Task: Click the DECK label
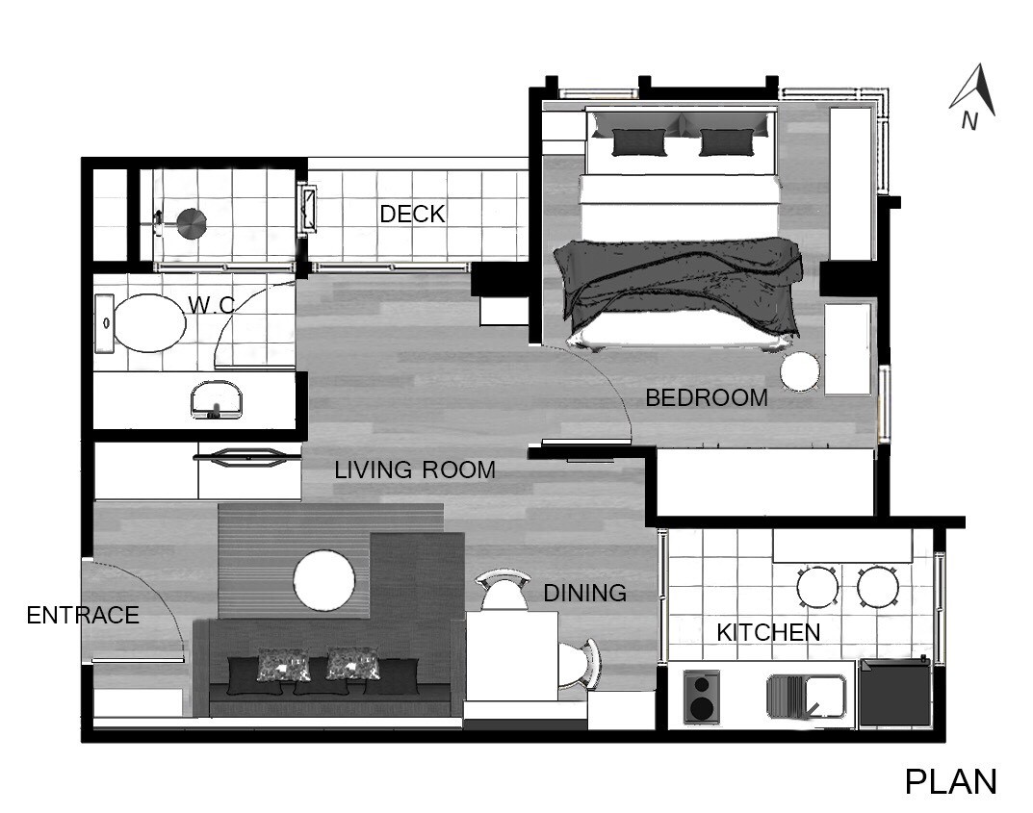tap(412, 214)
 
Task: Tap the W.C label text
tap(211, 305)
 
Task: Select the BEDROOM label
tap(707, 397)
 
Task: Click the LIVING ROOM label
tap(415, 470)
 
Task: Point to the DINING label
tap(585, 593)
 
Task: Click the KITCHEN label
tap(768, 633)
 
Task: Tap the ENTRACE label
tap(83, 616)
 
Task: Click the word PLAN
tap(950, 782)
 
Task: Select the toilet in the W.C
tap(141, 322)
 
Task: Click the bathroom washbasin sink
tap(216, 399)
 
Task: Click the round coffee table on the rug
tap(324, 580)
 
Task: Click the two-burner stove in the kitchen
tap(701, 697)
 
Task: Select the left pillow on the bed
tap(639, 142)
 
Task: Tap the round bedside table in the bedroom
tap(800, 372)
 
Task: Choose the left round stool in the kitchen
tap(817, 587)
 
